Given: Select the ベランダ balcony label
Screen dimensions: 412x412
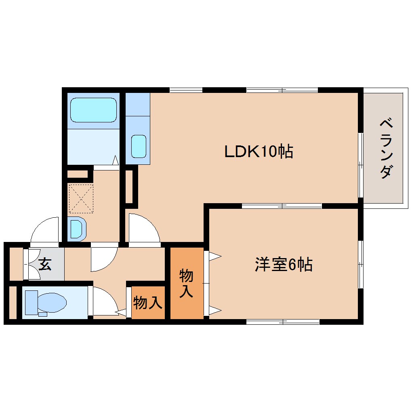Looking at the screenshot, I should [x=386, y=148].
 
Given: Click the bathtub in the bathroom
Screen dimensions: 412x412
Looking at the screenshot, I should [x=93, y=110].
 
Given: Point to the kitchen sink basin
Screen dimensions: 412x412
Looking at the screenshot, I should [x=139, y=146].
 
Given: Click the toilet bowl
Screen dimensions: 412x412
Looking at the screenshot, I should [x=52, y=302].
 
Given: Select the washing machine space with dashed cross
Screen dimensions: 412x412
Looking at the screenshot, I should [x=81, y=198].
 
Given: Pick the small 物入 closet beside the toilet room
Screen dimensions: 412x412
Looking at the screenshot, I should [x=148, y=302].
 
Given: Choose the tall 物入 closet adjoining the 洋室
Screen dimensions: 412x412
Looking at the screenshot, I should [x=186, y=284].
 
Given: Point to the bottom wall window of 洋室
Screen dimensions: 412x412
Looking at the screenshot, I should [x=283, y=322].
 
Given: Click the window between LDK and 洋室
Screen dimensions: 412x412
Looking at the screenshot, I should [x=282, y=206].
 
